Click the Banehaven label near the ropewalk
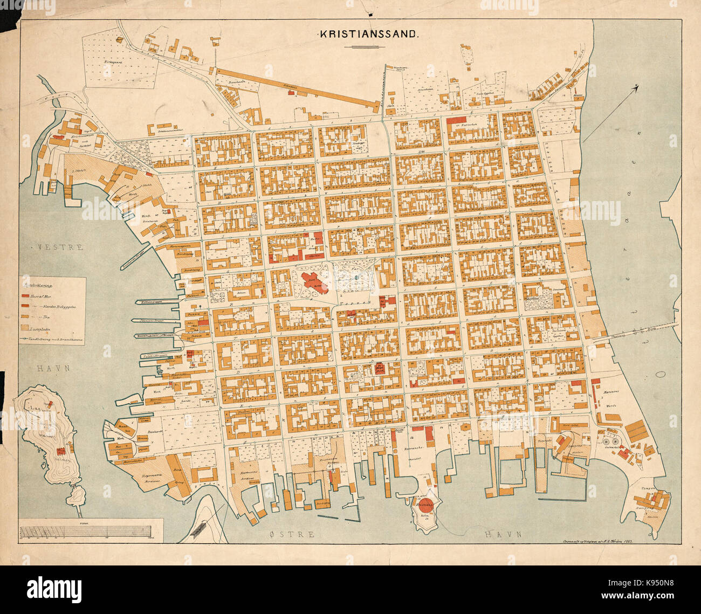point(237,82)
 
